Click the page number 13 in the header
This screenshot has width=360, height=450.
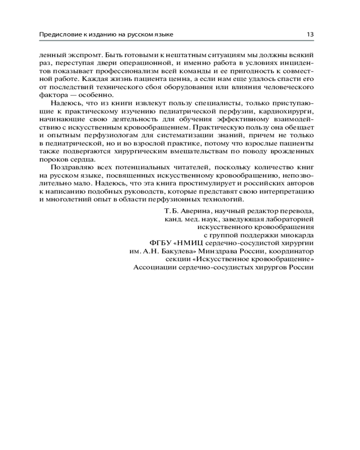pos(310,34)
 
